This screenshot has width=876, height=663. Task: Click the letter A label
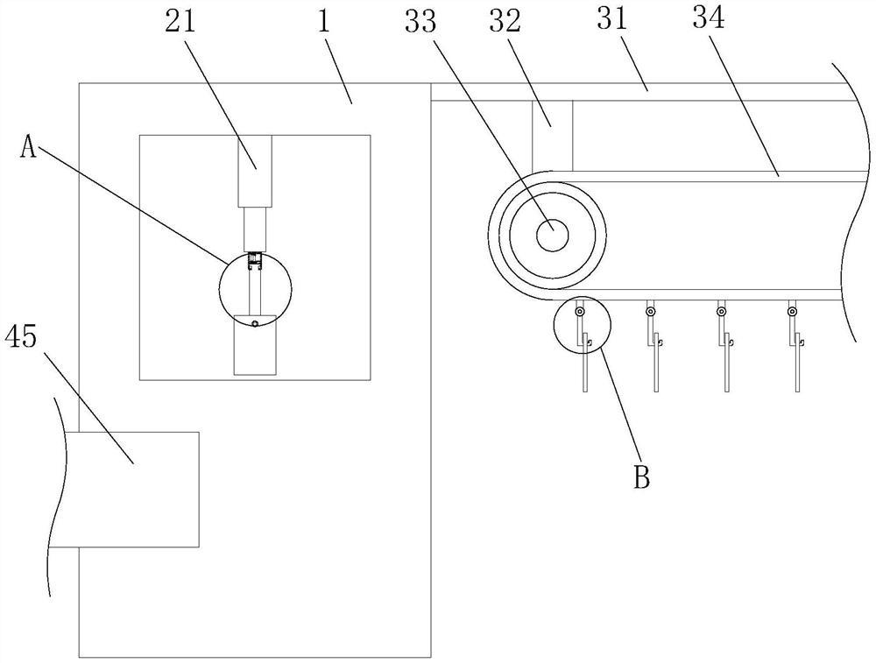pos(30,148)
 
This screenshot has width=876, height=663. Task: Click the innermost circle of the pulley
pos(552,234)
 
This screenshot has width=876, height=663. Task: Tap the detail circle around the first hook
pos(581,324)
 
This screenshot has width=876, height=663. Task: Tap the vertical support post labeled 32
pos(552,135)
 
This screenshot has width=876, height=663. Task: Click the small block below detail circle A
pos(255,346)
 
